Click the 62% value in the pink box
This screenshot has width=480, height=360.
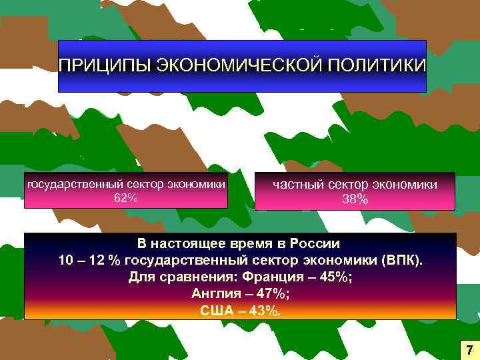point(125,197)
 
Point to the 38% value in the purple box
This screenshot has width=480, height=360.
point(355,199)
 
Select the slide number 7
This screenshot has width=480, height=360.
point(469,349)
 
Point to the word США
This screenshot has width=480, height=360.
point(217,310)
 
